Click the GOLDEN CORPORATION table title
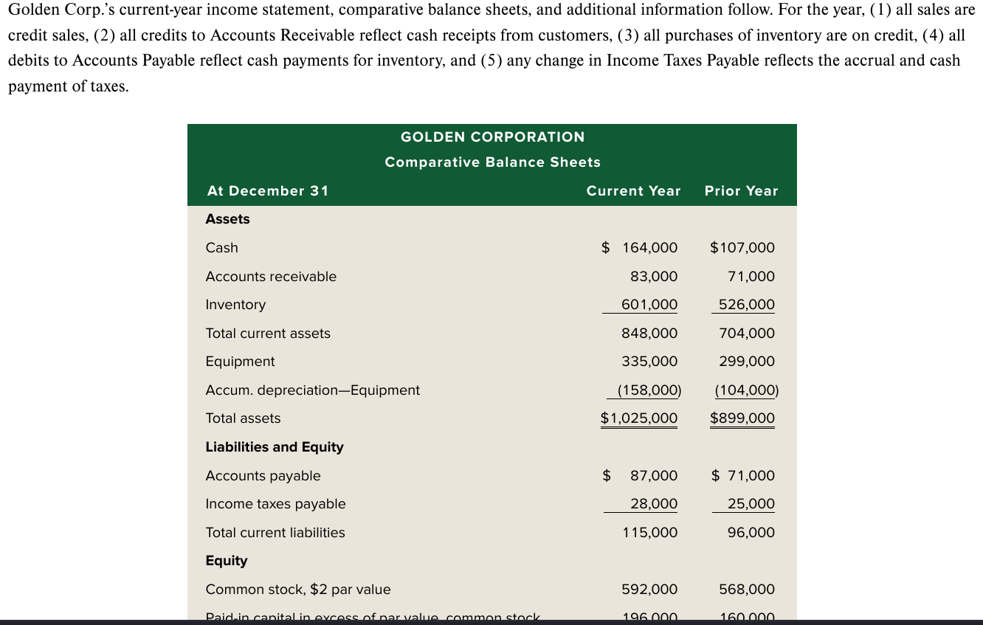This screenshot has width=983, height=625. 492,137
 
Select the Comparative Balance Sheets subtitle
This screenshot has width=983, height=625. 492,162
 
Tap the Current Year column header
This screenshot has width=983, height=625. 633,191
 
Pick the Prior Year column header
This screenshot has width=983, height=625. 741,191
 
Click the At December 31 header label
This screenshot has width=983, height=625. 268,191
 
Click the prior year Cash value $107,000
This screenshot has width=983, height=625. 742,248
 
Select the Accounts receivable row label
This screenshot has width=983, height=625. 271,277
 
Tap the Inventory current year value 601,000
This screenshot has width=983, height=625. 649,305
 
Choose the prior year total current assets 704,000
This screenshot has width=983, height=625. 747,334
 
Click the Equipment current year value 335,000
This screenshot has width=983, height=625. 649,362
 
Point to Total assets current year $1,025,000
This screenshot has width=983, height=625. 639,418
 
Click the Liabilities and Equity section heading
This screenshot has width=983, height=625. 275,447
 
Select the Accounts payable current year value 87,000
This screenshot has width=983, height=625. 654,476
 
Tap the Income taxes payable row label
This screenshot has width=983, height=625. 275,504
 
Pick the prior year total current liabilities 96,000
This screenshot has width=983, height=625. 751,533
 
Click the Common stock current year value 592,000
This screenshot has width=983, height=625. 649,590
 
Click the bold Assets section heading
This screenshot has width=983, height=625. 227,219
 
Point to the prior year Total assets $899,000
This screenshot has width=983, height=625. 742,418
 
